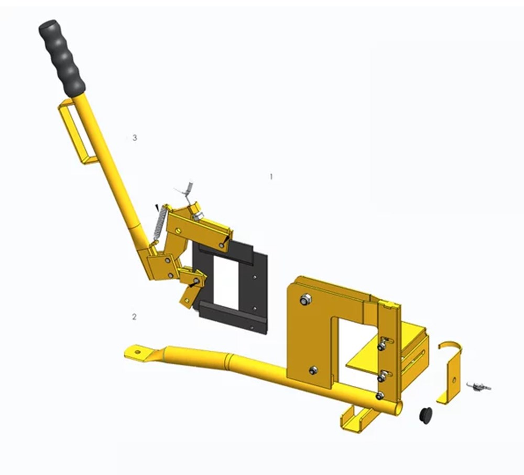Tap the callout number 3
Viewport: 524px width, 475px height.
pos(135,137)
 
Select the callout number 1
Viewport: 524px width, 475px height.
pos(271,177)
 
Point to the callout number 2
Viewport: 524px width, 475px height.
pos(134,316)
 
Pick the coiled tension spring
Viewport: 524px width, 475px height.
pos(160,222)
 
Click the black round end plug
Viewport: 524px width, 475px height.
pos(425,416)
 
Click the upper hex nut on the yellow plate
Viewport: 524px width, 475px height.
pos(305,299)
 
